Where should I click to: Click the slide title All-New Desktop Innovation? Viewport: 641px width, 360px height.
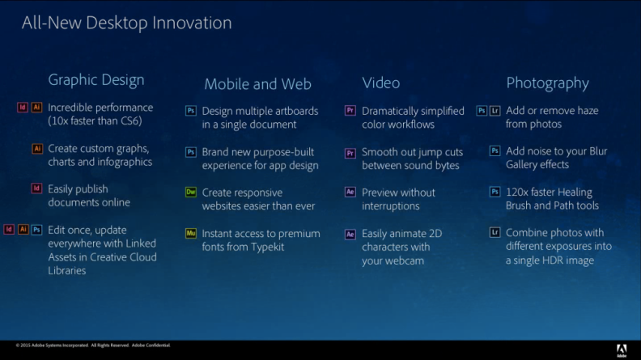coord(127,23)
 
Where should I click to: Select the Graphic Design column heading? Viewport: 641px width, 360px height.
coord(96,80)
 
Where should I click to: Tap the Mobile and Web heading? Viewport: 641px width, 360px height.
coord(257,84)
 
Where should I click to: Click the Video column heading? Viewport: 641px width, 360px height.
coord(381,83)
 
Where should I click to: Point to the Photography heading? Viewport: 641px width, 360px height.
coord(547,83)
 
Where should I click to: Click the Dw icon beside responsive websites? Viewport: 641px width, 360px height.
coord(191,192)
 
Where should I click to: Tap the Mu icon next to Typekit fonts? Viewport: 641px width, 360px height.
coord(191,233)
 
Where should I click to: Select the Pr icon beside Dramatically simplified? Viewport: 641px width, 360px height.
coord(350,110)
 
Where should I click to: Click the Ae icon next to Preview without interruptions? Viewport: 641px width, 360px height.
coord(350,192)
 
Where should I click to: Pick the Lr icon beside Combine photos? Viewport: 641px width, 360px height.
coord(495,232)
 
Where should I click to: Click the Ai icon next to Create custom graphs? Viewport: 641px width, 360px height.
coord(37,148)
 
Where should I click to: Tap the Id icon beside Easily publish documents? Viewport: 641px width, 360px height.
coord(36,188)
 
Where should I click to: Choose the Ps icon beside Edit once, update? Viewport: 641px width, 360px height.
coord(36,230)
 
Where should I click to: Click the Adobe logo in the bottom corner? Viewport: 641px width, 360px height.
coord(622,350)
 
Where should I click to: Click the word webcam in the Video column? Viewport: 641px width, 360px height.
coord(404,260)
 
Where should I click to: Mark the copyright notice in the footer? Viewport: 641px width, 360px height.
coord(93,345)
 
